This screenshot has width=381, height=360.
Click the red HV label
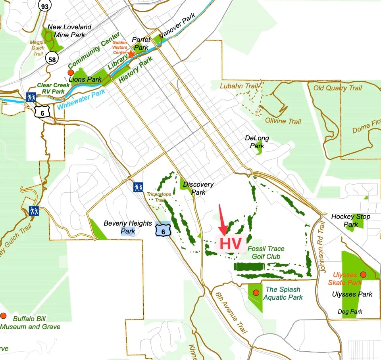click(231, 244)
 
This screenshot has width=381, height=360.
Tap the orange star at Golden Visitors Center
click(131, 54)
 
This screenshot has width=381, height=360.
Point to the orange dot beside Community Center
click(71, 72)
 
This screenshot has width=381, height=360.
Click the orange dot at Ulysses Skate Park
click(363, 274)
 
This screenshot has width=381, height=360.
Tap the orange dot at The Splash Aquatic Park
click(256, 293)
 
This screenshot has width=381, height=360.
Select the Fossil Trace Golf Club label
click(266, 253)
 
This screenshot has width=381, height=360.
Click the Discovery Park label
click(198, 188)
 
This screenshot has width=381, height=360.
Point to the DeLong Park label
click(257, 142)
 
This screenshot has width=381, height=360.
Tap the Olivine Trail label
click(283, 121)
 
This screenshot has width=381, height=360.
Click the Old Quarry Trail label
click(338, 88)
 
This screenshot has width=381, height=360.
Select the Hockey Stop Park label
click(351, 220)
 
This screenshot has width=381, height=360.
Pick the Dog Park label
click(350, 312)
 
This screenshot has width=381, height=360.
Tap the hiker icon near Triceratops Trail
click(138, 187)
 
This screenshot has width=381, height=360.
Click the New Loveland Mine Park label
click(69, 31)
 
